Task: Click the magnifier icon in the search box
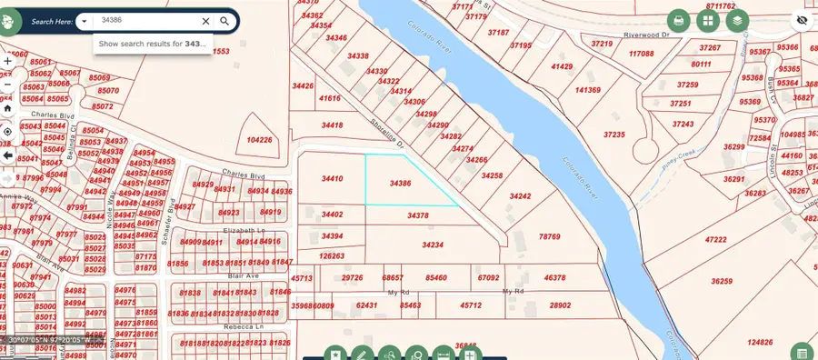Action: point(224,20)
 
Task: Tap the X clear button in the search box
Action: point(205,20)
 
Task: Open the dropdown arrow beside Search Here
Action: point(84,20)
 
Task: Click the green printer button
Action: point(678,20)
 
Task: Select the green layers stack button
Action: point(737,20)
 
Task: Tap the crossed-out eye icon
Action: point(802,20)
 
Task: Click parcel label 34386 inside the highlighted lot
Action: point(400,183)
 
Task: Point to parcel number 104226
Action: point(259,140)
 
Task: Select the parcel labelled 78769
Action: point(549,236)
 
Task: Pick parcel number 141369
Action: point(588,90)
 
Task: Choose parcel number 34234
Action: point(433,245)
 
